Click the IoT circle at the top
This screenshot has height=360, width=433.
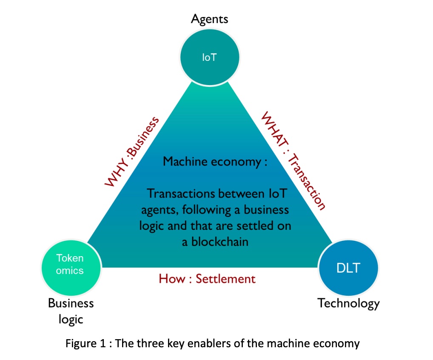[x=209, y=57]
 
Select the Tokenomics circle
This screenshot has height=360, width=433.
[x=70, y=264]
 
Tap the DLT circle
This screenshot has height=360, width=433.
[x=348, y=268]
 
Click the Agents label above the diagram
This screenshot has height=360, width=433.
[x=209, y=19]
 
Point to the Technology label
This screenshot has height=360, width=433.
[x=348, y=303]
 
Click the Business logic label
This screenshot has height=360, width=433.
[x=71, y=311]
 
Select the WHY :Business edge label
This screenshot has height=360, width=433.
[x=132, y=152]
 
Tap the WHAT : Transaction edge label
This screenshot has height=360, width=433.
[x=293, y=161]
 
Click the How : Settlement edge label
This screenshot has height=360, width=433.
[x=207, y=279]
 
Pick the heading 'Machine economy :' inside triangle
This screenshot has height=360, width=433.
[x=215, y=162]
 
